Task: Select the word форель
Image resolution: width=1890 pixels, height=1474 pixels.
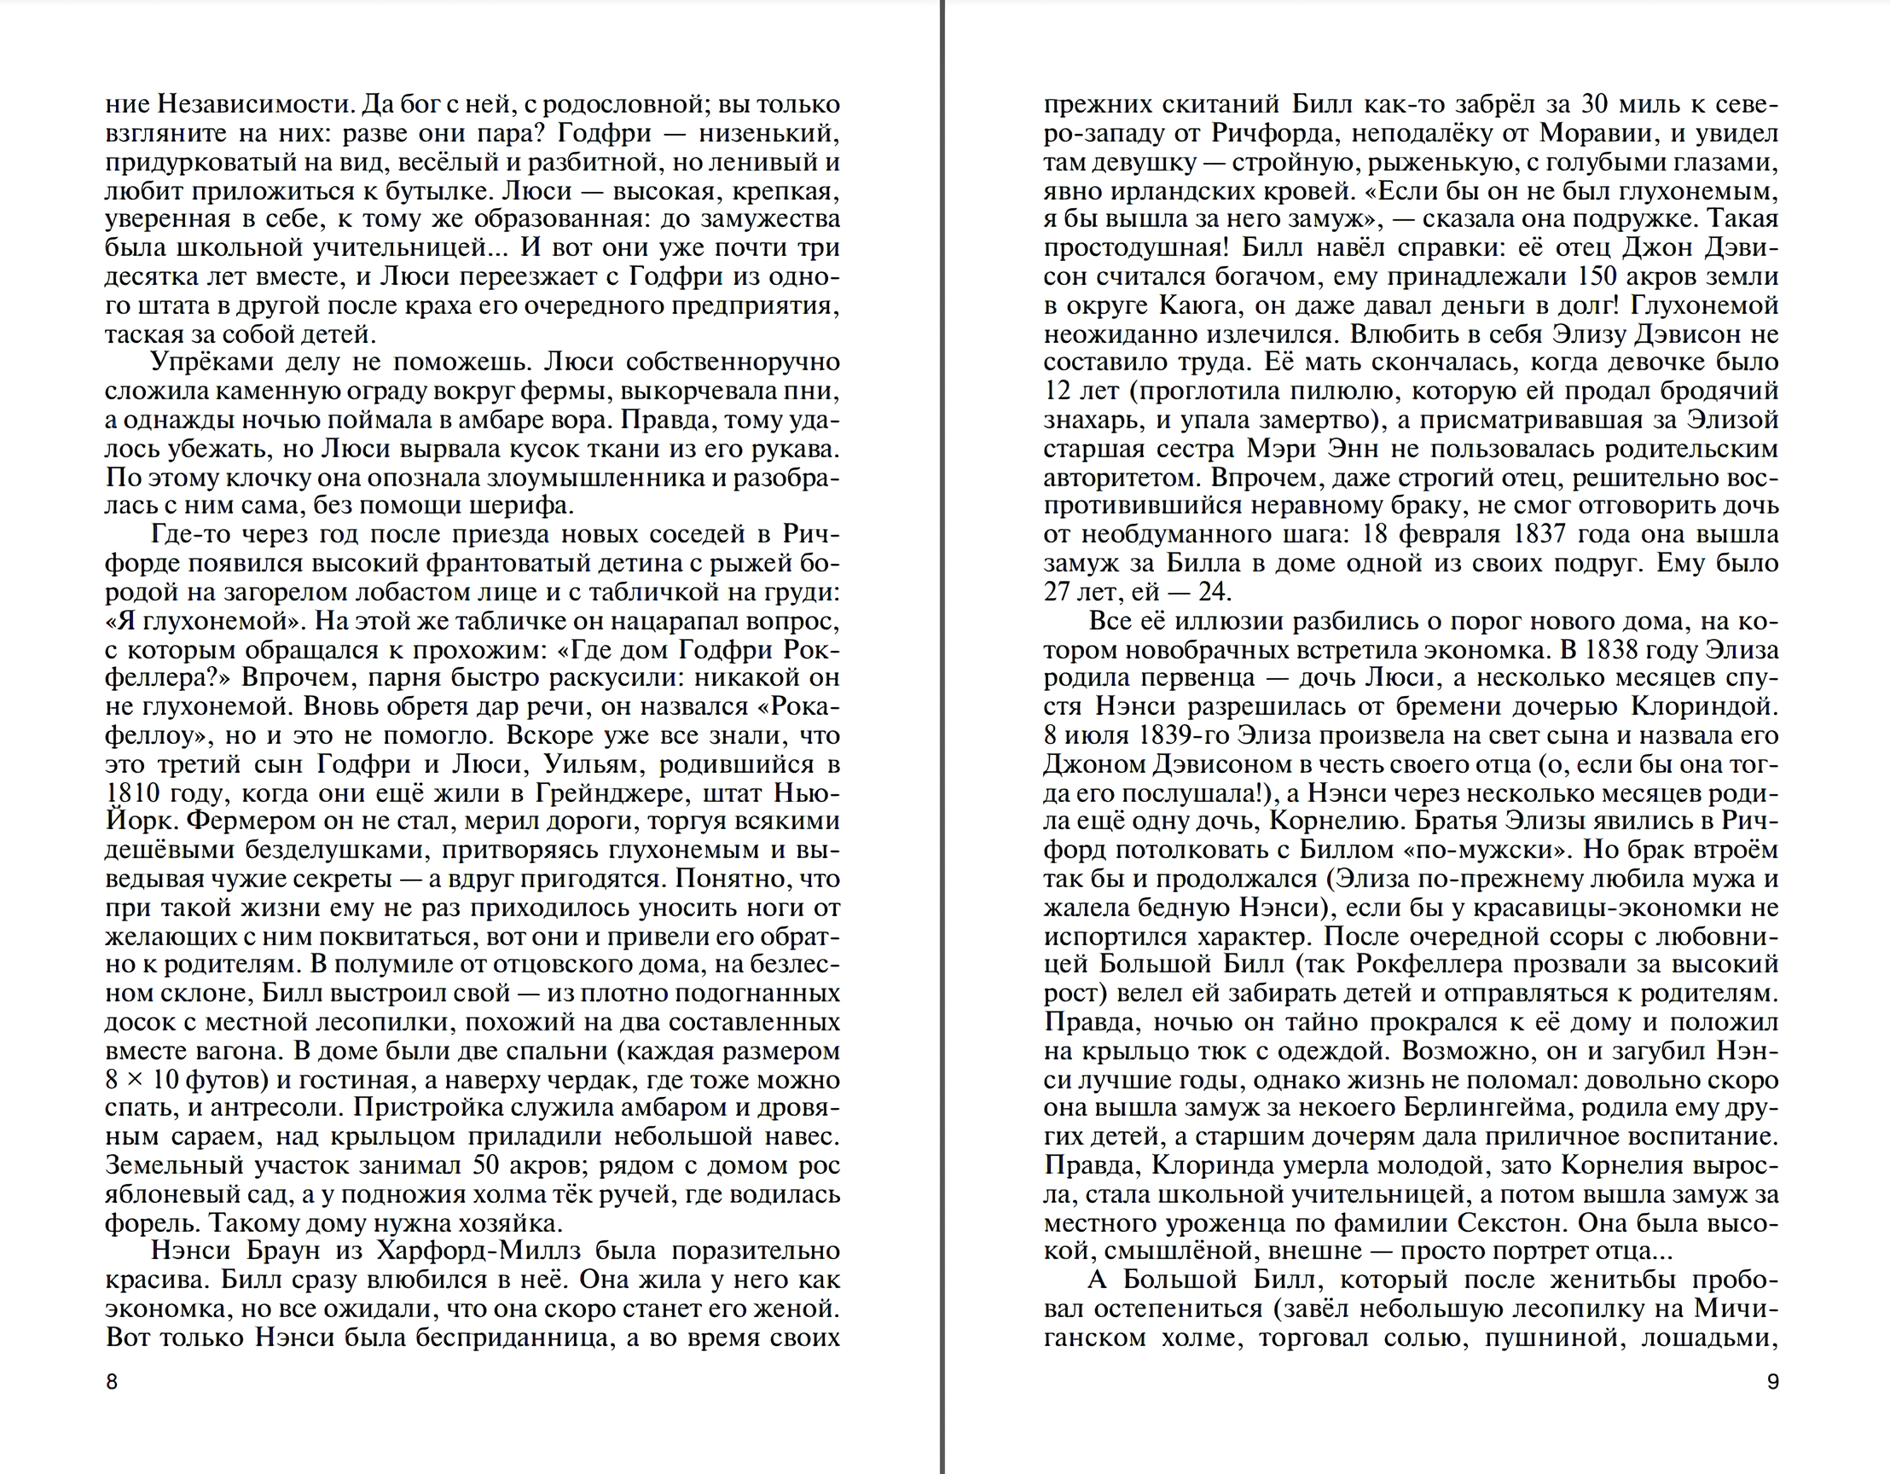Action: (152, 1223)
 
